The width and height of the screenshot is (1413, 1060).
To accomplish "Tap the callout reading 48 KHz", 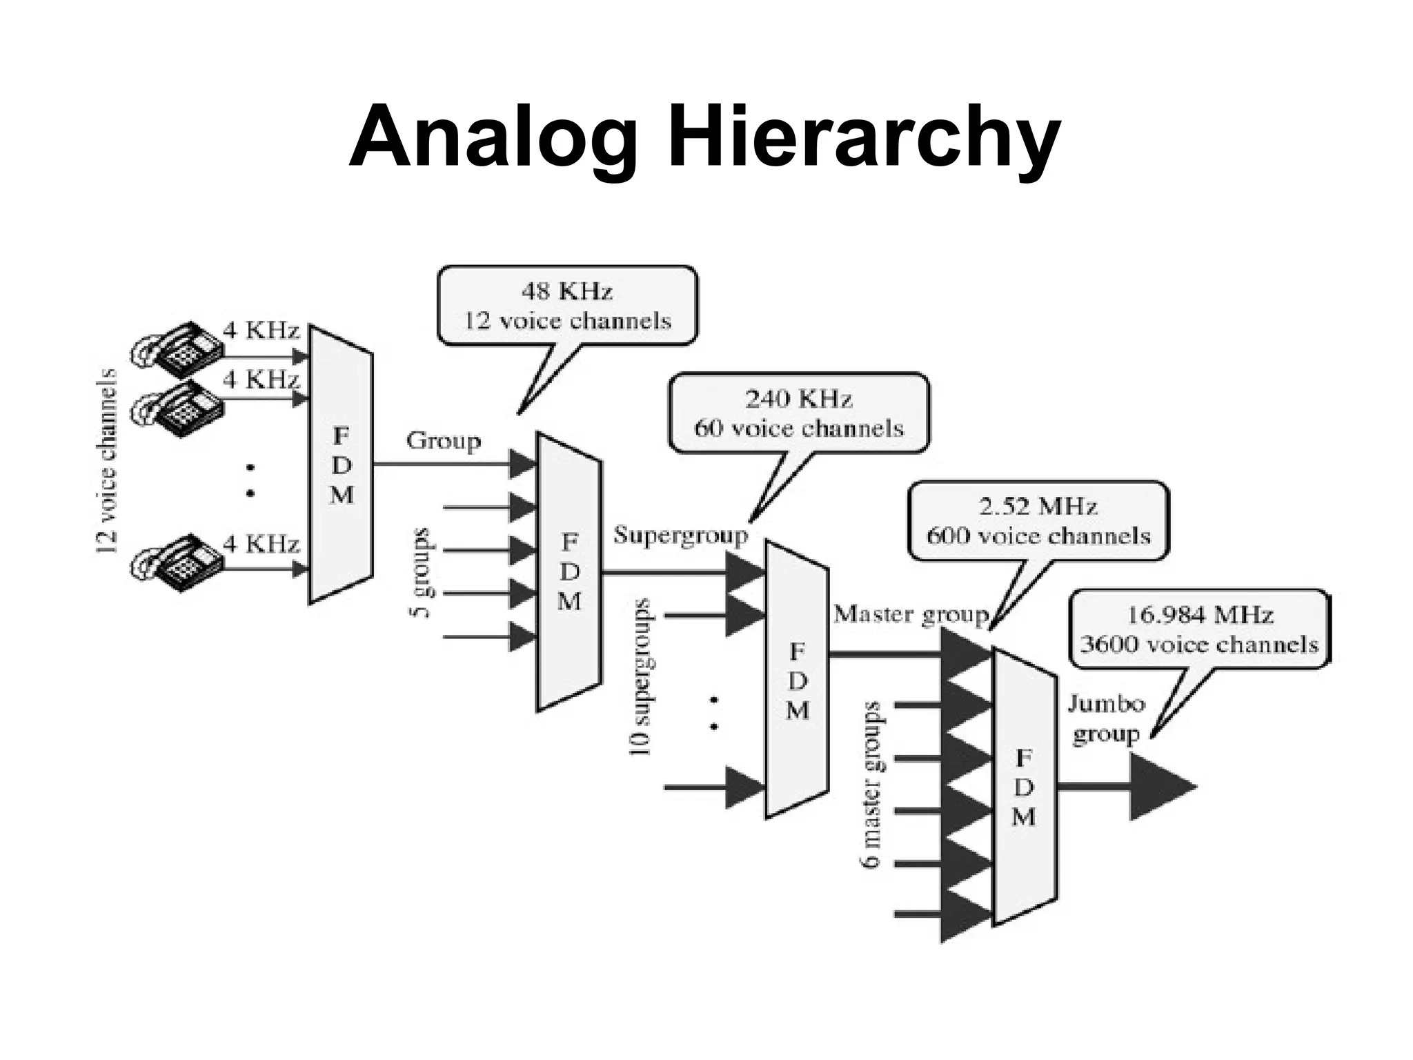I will [567, 305].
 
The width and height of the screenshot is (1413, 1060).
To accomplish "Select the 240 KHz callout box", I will [798, 413].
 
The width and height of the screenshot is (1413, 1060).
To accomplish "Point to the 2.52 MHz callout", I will [1038, 520].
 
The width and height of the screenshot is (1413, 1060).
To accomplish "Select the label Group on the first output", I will [443, 440].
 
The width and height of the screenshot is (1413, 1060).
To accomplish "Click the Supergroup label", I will [680, 536].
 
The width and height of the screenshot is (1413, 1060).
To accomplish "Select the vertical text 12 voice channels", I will [106, 461].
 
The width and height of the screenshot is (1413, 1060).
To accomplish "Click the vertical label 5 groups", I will [422, 573].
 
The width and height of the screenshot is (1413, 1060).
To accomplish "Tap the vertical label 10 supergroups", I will [642, 676].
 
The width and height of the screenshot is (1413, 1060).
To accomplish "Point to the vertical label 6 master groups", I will [871, 784].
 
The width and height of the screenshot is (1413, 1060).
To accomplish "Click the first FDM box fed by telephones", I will [341, 464].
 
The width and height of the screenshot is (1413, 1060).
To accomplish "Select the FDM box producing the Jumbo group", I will [1024, 787].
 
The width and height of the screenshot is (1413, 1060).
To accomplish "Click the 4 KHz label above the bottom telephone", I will [261, 544].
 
